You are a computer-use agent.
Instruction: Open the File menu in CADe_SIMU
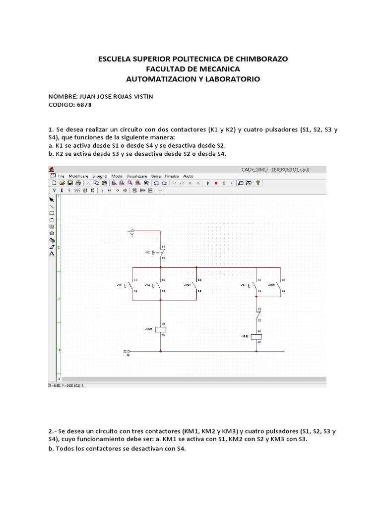(62, 176)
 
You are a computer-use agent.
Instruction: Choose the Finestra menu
(172, 176)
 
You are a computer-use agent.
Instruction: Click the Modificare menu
(78, 176)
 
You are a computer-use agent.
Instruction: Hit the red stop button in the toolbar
(216, 183)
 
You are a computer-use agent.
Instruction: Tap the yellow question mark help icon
(257, 183)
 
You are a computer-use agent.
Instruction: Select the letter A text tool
(52, 254)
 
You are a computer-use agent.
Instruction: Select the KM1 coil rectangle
(160, 329)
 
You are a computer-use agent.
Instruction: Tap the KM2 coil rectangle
(256, 336)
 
